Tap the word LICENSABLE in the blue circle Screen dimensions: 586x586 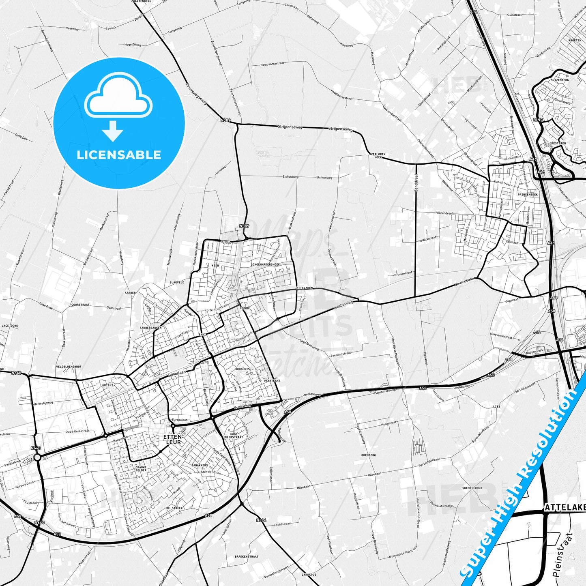[x=119, y=155]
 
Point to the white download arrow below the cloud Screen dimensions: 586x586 [x=113, y=131]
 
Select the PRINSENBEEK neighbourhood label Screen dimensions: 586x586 [x=528, y=195]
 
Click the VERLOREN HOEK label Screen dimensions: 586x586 [x=378, y=156]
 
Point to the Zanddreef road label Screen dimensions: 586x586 [x=416, y=182]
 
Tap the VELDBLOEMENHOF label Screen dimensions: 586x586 [x=69, y=367]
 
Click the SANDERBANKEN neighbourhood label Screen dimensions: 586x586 [x=150, y=328]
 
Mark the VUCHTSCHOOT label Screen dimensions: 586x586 [x=472, y=488]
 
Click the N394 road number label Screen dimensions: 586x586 [x=261, y=520]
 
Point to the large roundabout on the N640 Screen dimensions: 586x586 [x=37, y=457]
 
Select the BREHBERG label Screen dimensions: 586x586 [x=369, y=455]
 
